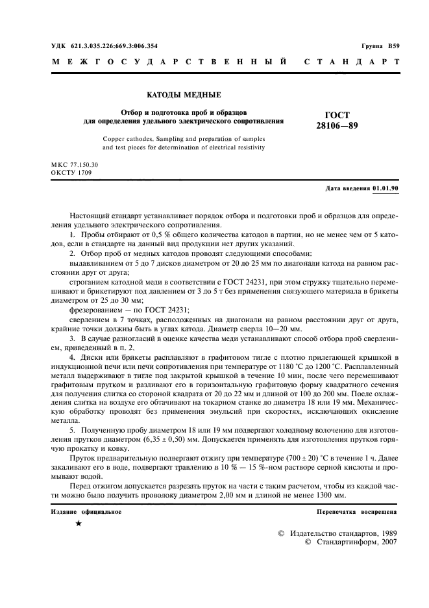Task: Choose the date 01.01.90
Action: click(386, 188)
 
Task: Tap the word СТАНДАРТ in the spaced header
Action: click(352, 63)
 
